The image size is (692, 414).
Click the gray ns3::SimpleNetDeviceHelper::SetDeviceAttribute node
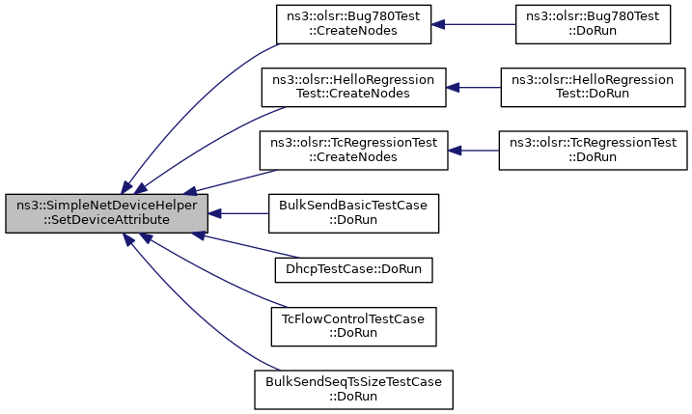point(106,213)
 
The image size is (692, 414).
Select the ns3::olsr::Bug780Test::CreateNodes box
point(353,24)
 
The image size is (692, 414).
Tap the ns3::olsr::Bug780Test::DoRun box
point(593,24)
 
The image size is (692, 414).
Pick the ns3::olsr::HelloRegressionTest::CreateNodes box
point(353,88)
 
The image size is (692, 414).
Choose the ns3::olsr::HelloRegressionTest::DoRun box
point(593,88)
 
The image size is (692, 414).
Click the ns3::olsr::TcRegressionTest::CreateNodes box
point(353,151)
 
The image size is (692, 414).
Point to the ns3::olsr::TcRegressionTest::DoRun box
point(593,151)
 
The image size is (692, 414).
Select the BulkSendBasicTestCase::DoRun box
point(353,213)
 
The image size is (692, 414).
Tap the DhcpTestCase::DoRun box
point(353,270)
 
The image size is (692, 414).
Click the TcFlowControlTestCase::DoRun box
point(353,326)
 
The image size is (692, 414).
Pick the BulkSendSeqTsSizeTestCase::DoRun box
point(353,390)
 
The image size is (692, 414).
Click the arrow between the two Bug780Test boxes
point(474,24)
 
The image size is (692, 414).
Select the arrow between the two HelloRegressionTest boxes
point(474,88)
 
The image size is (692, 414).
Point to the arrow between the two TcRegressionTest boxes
point(474,151)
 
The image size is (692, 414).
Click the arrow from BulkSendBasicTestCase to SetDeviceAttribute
point(238,213)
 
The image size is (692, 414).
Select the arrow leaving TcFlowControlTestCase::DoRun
point(211,274)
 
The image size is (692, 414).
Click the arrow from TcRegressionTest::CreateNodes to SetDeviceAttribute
point(231,181)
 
